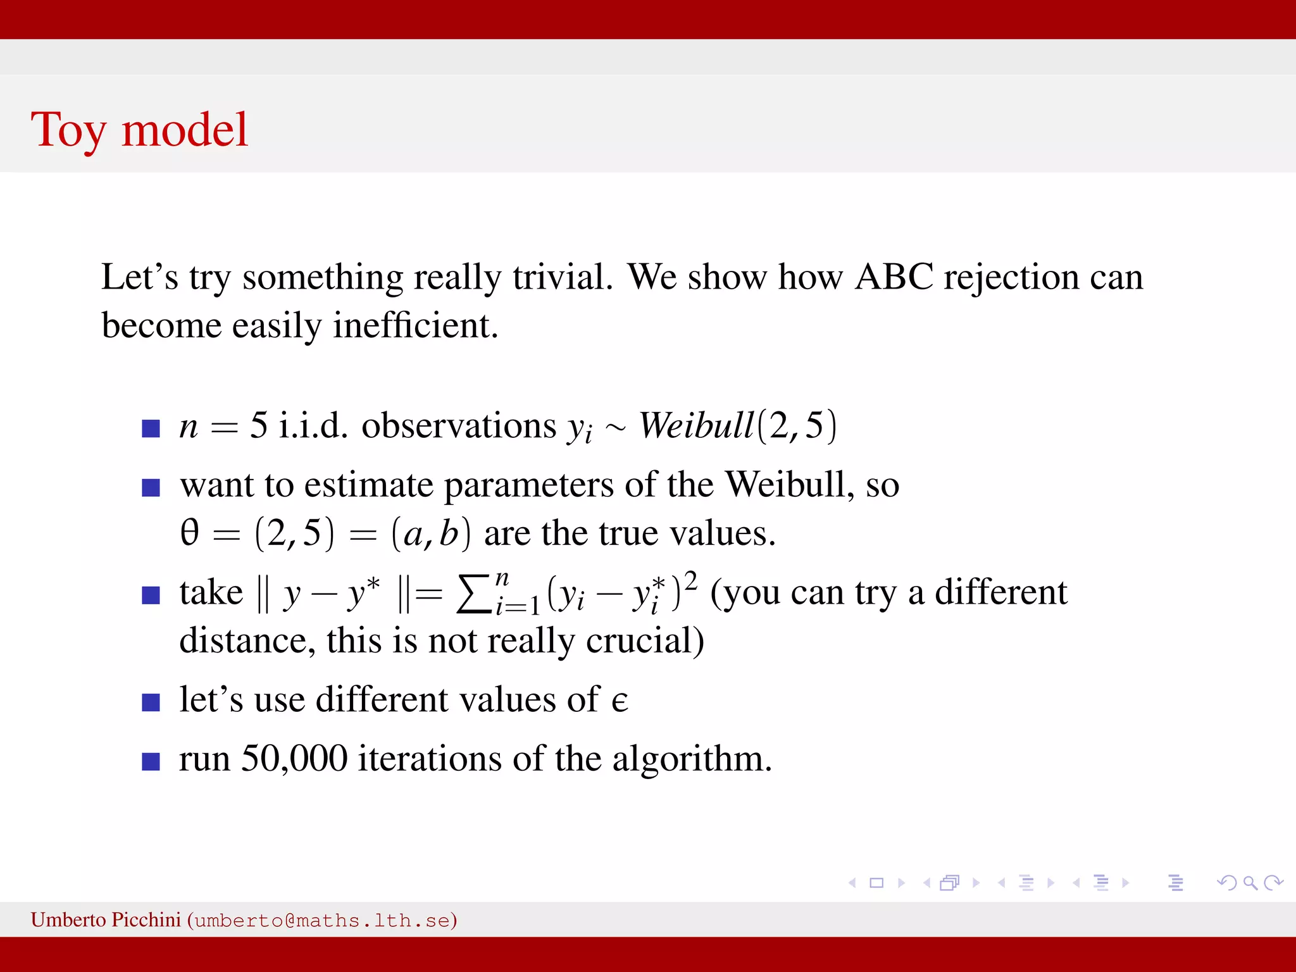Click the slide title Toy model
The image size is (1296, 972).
pyautogui.click(x=139, y=130)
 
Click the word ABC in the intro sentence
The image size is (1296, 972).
pyautogui.click(x=894, y=277)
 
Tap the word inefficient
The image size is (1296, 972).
pyautogui.click(x=415, y=326)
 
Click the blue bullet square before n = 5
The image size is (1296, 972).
pyautogui.click(x=151, y=428)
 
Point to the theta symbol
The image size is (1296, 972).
pyautogui.click(x=190, y=533)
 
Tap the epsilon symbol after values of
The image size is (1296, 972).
pyautogui.click(x=620, y=701)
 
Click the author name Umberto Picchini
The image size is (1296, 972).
pyautogui.click(x=106, y=919)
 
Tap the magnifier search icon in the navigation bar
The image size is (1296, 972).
pyautogui.click(x=1250, y=883)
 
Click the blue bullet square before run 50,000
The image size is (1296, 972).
pyautogui.click(x=151, y=761)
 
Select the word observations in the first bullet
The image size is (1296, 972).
pyautogui.click(x=459, y=425)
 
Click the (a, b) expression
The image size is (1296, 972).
pyautogui.click(x=431, y=533)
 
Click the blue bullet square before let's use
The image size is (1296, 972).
pyautogui.click(x=151, y=702)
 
